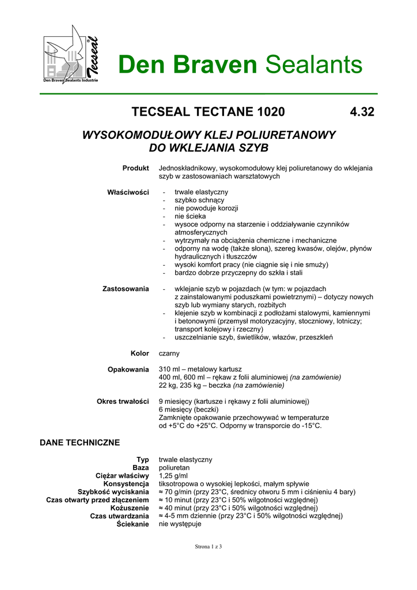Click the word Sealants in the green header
314,65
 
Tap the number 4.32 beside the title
362,112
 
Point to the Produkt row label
135,168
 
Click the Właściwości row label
128,192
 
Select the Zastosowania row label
126,289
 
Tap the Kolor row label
139,353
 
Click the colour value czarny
170,353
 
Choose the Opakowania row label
128,369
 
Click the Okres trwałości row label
123,401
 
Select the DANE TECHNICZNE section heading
79,442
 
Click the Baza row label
141,468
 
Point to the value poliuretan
175,468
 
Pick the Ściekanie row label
132,524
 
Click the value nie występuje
180,524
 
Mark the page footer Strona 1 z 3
208,547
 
